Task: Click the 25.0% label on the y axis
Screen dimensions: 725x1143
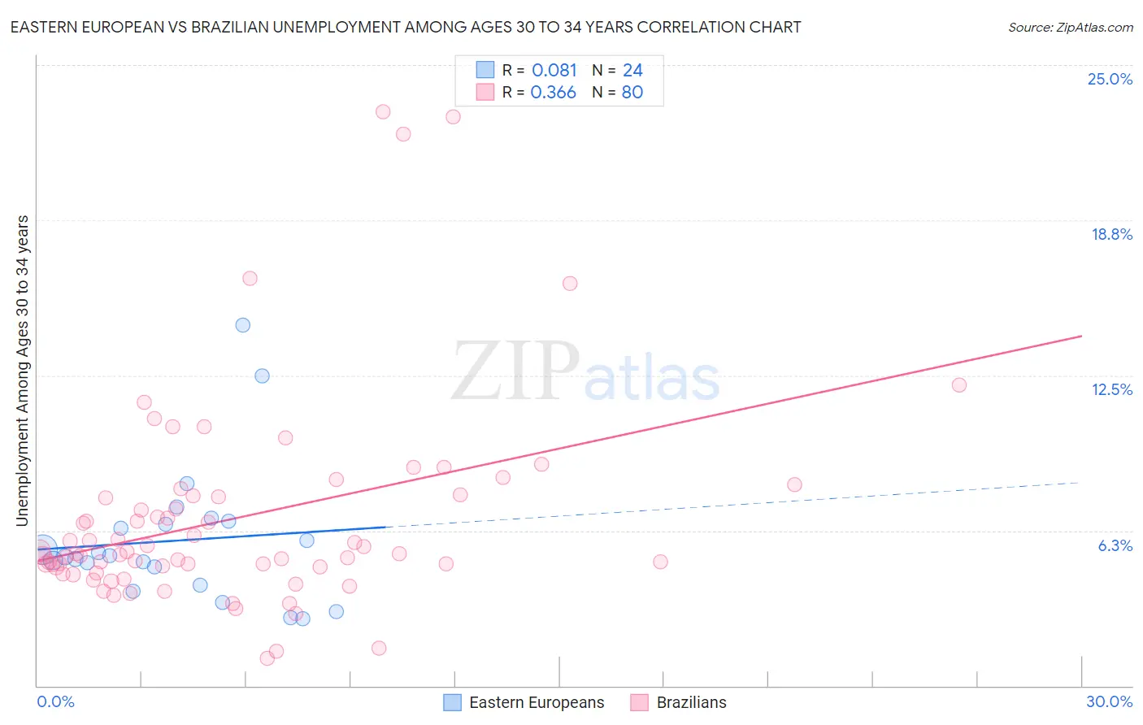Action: point(1110,80)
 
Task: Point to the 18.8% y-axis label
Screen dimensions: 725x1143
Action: point(1111,235)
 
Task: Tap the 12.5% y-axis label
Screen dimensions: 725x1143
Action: point(1111,390)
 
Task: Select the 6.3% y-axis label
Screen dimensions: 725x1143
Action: point(1115,546)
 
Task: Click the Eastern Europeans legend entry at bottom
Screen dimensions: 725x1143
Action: point(537,703)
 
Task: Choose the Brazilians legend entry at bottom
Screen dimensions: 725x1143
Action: point(691,703)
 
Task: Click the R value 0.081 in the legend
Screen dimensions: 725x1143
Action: point(554,71)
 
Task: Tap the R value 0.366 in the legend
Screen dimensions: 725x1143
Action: point(553,93)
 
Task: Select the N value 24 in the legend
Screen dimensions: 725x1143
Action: point(632,71)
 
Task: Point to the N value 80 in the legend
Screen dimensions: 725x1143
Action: point(632,93)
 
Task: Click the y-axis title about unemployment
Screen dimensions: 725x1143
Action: point(22,371)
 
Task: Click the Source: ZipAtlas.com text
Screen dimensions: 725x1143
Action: point(1070,28)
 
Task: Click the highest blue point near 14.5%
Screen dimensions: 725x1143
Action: point(242,325)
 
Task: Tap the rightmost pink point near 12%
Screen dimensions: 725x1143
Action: point(958,385)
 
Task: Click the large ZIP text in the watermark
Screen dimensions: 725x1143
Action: point(515,372)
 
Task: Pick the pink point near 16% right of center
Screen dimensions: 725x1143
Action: point(570,284)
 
